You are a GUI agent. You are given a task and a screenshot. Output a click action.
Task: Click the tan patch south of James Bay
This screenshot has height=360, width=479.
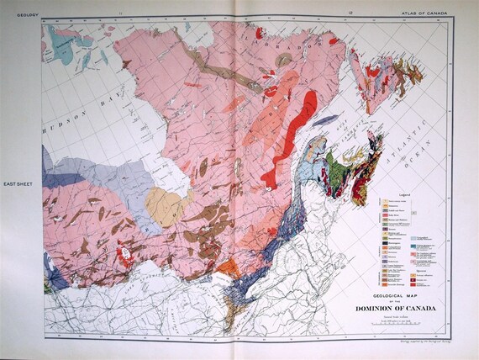click(164, 204)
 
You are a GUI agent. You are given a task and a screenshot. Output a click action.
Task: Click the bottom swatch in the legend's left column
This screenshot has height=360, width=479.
click(387, 288)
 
